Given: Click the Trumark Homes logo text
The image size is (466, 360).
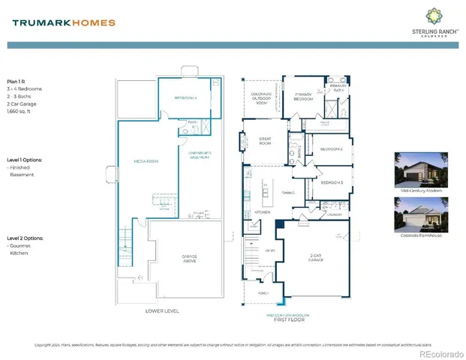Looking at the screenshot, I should tap(64, 22).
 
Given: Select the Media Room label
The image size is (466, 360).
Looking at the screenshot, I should tap(145, 160).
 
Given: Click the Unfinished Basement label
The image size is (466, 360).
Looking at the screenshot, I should tap(197, 156).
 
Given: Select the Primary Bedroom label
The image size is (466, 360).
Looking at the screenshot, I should tap(302, 96).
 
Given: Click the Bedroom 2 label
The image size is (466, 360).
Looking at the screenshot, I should tap(331, 149).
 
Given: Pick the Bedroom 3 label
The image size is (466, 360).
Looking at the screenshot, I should tap(331, 183).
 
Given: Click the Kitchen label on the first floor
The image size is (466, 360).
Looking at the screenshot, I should tap(262, 212).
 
